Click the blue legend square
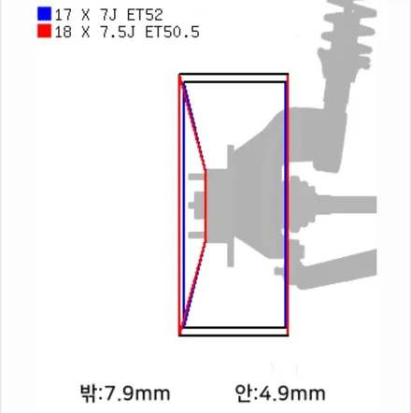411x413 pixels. (x=44, y=14)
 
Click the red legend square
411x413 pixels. (x=44, y=32)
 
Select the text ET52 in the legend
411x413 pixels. (x=145, y=15)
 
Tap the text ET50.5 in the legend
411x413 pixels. (x=172, y=33)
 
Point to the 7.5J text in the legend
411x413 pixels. (x=118, y=33)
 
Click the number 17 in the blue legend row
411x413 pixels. (x=64, y=15)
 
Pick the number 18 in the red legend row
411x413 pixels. (x=64, y=33)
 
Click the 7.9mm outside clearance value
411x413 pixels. (x=137, y=393)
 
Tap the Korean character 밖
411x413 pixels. (x=89, y=393)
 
